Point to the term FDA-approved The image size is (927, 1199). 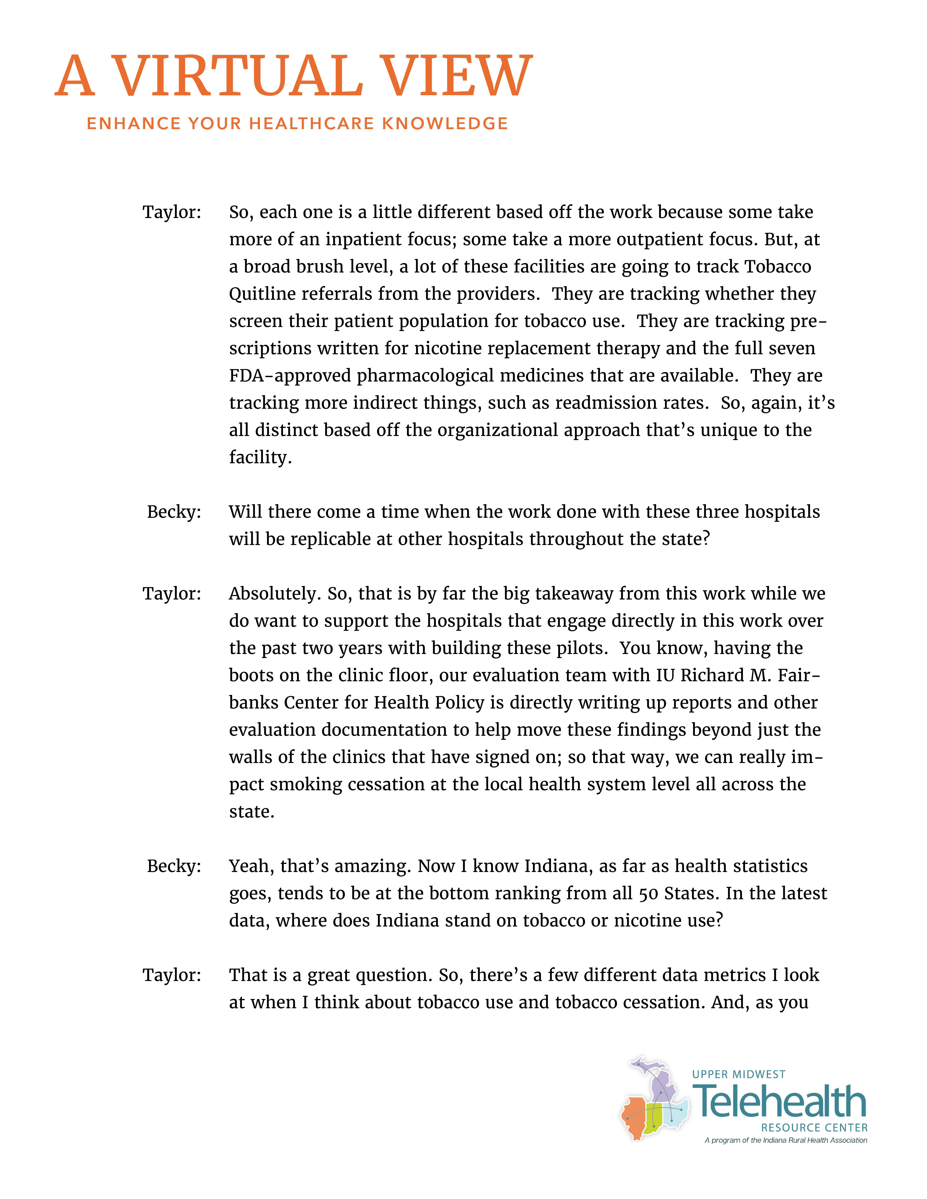[289, 376]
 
